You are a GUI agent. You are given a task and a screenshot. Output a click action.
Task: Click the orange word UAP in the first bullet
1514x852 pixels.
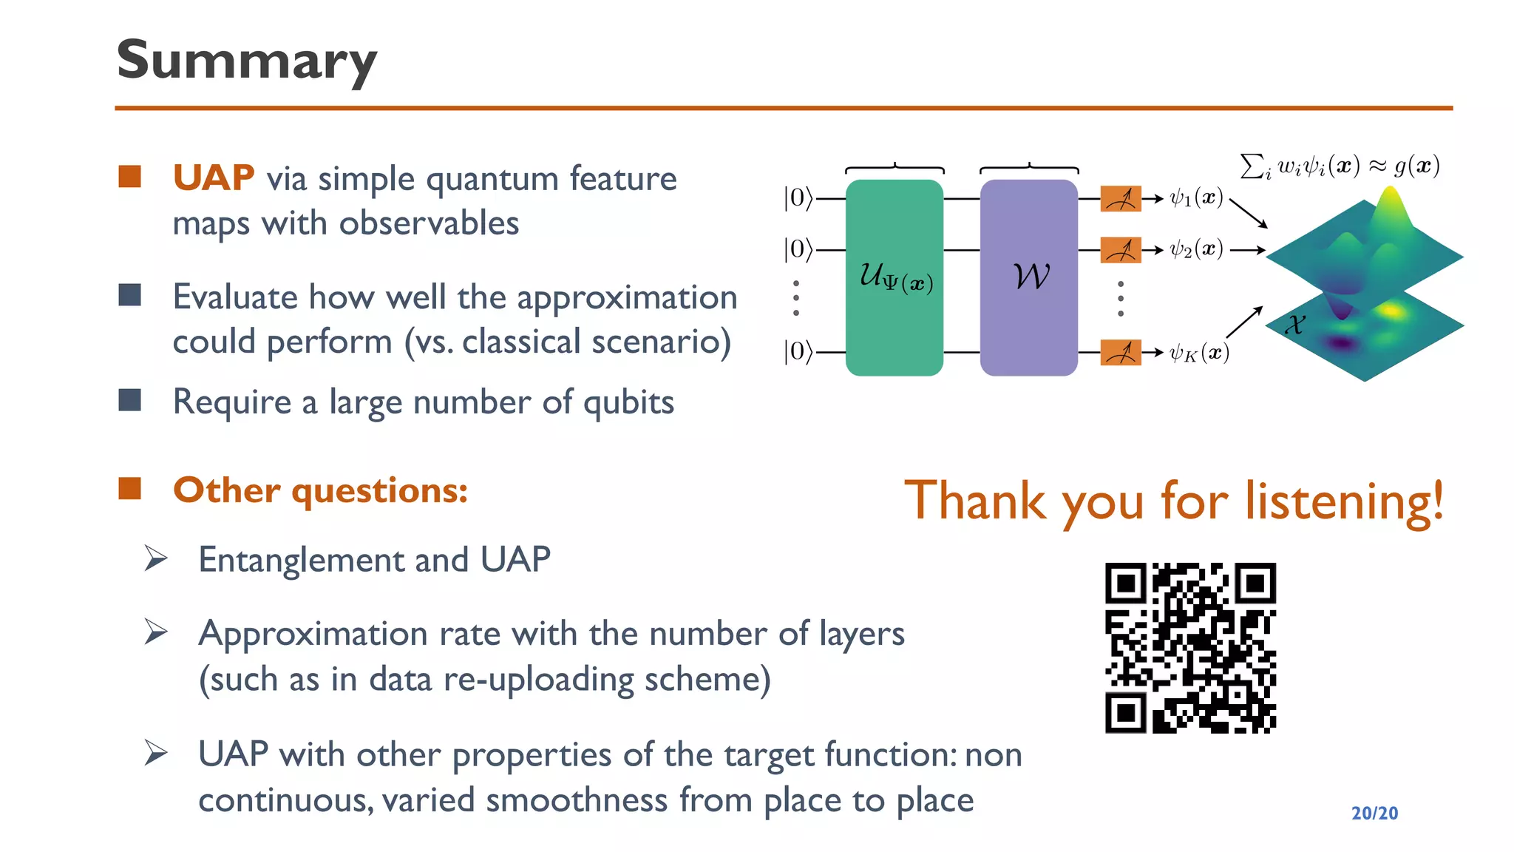[x=214, y=178]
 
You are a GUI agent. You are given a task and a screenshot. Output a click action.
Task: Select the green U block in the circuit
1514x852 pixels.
[x=894, y=277]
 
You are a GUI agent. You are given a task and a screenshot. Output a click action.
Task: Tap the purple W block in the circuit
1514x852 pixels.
[x=1028, y=277]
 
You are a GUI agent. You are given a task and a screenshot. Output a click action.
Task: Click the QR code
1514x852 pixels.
[x=1190, y=648]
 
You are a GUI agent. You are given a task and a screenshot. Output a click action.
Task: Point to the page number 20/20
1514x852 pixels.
[x=1374, y=813]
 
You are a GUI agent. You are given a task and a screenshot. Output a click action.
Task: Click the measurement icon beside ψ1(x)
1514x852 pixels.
[x=1120, y=199]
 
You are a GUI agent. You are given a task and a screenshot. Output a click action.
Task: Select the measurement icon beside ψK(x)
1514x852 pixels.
[x=1120, y=353]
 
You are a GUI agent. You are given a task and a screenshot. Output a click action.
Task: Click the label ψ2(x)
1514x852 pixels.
[x=1196, y=250]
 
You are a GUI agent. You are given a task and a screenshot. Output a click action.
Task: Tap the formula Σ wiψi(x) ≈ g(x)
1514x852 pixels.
[x=1340, y=166]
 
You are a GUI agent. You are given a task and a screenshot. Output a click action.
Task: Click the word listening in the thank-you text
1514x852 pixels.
[x=1343, y=501]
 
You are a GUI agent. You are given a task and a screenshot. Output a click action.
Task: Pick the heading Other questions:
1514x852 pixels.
[x=320, y=490]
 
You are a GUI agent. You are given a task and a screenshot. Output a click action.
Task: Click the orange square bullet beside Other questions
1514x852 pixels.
[x=130, y=489]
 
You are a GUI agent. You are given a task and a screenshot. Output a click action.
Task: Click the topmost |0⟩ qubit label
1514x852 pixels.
[x=798, y=198]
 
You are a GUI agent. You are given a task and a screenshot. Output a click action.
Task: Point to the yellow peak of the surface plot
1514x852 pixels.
[x=1391, y=201]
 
